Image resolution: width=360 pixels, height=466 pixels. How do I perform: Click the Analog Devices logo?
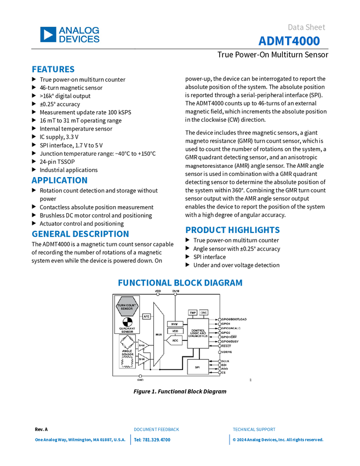70,35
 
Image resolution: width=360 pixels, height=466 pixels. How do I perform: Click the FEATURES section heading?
53,70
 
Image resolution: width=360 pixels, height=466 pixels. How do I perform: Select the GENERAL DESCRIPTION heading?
80,234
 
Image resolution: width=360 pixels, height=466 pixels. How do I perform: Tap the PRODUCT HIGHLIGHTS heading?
233,230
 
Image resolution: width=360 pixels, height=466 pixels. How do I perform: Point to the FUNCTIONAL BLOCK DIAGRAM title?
180,282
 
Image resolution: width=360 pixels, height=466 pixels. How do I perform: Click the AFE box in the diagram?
146,316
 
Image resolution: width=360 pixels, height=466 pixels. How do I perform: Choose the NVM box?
175,324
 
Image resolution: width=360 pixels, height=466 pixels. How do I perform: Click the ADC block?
175,340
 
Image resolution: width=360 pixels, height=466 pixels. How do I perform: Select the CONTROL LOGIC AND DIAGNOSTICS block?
198,333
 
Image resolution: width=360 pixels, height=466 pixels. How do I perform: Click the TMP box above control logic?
193,312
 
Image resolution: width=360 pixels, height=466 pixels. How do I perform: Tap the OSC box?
204,312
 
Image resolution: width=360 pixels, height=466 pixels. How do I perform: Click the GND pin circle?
140,376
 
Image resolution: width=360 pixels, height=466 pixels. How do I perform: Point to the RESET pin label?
226,346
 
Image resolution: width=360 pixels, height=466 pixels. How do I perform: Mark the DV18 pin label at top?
176,291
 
